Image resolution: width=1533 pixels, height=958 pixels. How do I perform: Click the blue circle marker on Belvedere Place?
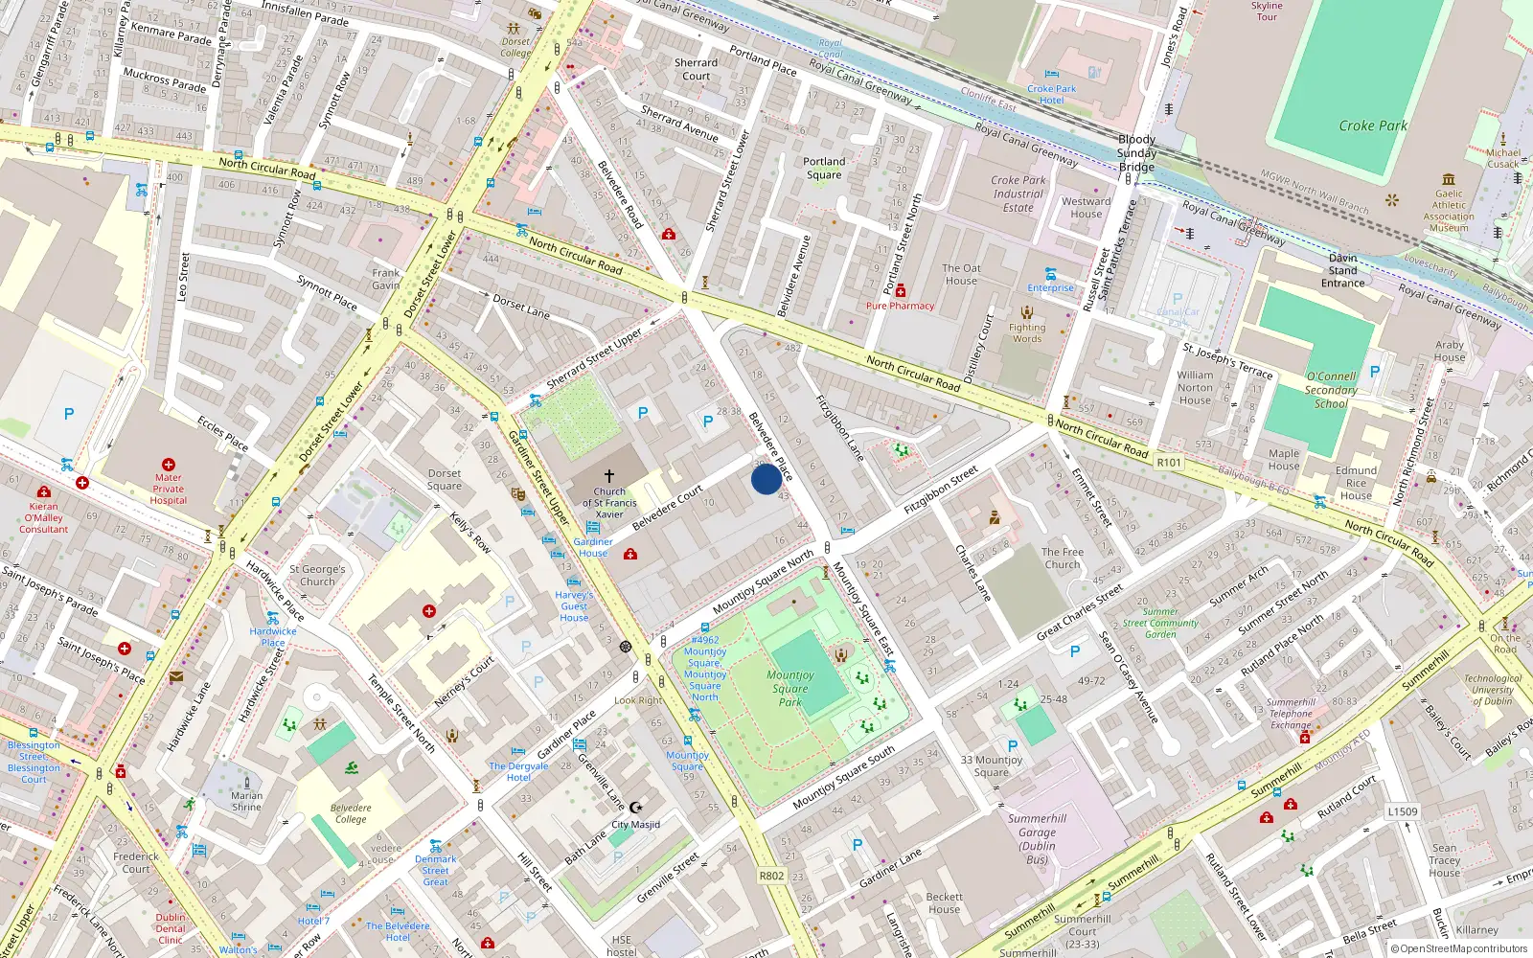click(x=766, y=479)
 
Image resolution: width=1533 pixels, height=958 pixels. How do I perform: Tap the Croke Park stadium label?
click(x=1373, y=125)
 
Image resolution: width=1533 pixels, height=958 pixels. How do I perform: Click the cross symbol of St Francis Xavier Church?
click(x=608, y=475)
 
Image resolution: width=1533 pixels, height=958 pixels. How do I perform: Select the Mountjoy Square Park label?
click(x=790, y=688)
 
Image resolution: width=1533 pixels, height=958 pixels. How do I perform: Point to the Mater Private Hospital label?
click(x=168, y=489)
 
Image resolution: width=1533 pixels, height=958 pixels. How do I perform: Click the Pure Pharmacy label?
click(x=900, y=306)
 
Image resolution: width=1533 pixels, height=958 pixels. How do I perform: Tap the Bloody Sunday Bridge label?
click(x=1136, y=153)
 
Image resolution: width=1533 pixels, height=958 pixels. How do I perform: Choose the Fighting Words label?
click(x=1027, y=332)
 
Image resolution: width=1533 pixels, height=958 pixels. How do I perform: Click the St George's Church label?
click(x=317, y=575)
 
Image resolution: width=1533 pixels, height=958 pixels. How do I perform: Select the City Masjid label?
click(x=635, y=824)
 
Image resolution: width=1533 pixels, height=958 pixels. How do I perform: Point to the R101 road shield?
click(x=1169, y=462)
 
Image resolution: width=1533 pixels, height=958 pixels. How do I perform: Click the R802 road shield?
click(x=771, y=876)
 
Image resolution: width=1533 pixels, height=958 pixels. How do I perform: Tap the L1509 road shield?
click(x=1403, y=811)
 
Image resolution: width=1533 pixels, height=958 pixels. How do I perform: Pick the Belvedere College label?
click(x=351, y=813)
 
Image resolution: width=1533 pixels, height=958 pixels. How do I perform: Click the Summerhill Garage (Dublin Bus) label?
click(x=1037, y=839)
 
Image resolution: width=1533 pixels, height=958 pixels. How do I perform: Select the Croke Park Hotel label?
click(x=1051, y=94)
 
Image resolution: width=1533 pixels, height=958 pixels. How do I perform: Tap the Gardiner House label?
click(x=593, y=547)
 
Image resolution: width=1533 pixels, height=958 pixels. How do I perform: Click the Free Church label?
click(x=1063, y=558)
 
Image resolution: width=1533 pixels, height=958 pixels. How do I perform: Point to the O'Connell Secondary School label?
click(x=1330, y=390)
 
